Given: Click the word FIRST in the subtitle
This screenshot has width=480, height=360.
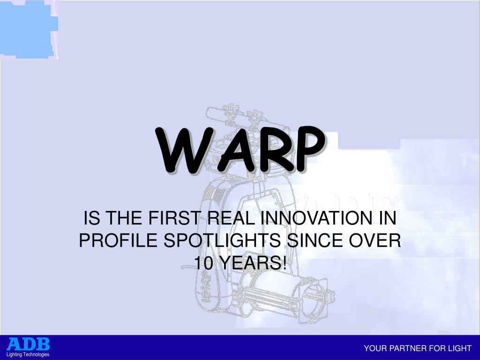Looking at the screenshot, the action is pos(174,218).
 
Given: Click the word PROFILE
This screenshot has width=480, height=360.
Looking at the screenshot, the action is pos(118,240).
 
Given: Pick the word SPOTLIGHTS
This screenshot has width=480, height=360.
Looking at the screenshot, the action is pos(222,240).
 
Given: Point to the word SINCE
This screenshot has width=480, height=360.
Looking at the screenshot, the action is pos(315,240).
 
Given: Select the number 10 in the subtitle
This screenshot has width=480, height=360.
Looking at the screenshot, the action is pos(203,263).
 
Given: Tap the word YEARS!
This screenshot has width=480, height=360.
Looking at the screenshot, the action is pos(253,263).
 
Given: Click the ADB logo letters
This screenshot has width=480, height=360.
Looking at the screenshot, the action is pos(28,344).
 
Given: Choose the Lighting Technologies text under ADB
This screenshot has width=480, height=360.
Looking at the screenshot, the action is pos(28,354).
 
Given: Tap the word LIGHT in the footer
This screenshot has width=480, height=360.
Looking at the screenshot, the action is pos(459,348).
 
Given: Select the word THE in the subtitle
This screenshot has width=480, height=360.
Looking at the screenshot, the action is pos(124,218).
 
